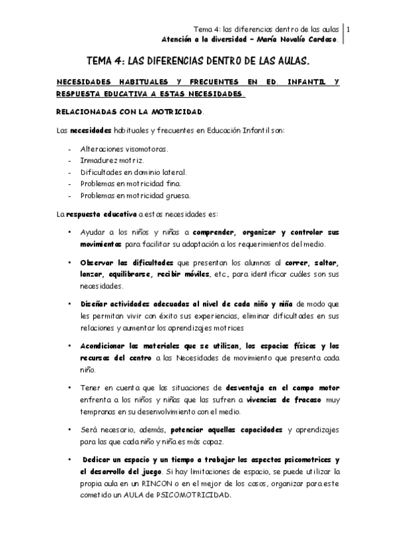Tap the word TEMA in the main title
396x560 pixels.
(x=101, y=59)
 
